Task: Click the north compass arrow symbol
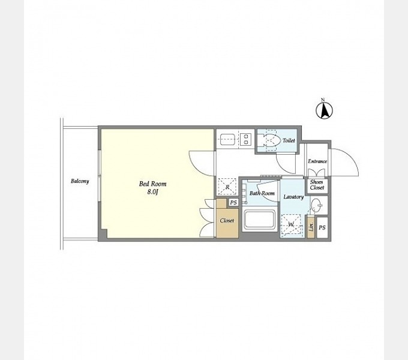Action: (324, 110)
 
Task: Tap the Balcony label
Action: (80, 181)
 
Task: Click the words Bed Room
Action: (153, 184)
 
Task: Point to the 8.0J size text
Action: (153, 192)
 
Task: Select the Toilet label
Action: (289, 140)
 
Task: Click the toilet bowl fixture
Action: (269, 140)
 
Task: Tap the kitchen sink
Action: (227, 139)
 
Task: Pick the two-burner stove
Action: (245, 139)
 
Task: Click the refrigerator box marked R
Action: (227, 187)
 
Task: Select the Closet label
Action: (227, 221)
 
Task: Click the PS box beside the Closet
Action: (233, 202)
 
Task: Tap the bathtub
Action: (259, 220)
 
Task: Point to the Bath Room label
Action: (262, 193)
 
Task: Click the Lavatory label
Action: (293, 197)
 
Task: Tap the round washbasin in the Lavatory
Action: (316, 206)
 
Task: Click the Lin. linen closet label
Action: (311, 227)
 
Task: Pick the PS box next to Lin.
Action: (322, 227)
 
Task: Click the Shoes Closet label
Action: (317, 185)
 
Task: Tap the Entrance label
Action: (317, 161)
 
